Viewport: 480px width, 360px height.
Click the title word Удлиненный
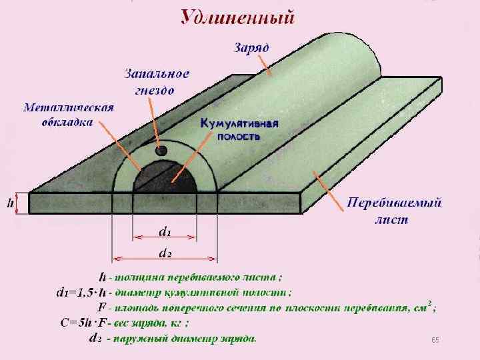pyautogui.click(x=238, y=16)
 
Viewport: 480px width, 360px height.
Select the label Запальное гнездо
pyautogui.click(x=157, y=81)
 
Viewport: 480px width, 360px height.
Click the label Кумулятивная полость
pyautogui.click(x=239, y=129)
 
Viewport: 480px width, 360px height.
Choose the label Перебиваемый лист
pyautogui.click(x=395, y=210)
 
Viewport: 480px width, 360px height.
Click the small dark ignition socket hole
pyautogui.click(x=161, y=151)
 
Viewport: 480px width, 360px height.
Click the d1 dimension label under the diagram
pyautogui.click(x=165, y=232)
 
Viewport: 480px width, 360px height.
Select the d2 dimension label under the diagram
pyautogui.click(x=165, y=253)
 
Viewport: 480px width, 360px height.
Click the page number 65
pyautogui.click(x=435, y=341)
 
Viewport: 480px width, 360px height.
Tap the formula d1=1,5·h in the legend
pyautogui.click(x=79, y=291)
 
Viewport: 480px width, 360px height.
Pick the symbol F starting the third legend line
pyautogui.click(x=102, y=307)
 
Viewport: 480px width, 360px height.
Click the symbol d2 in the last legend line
pyautogui.click(x=95, y=339)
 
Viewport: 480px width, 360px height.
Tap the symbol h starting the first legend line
pyautogui.click(x=101, y=276)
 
